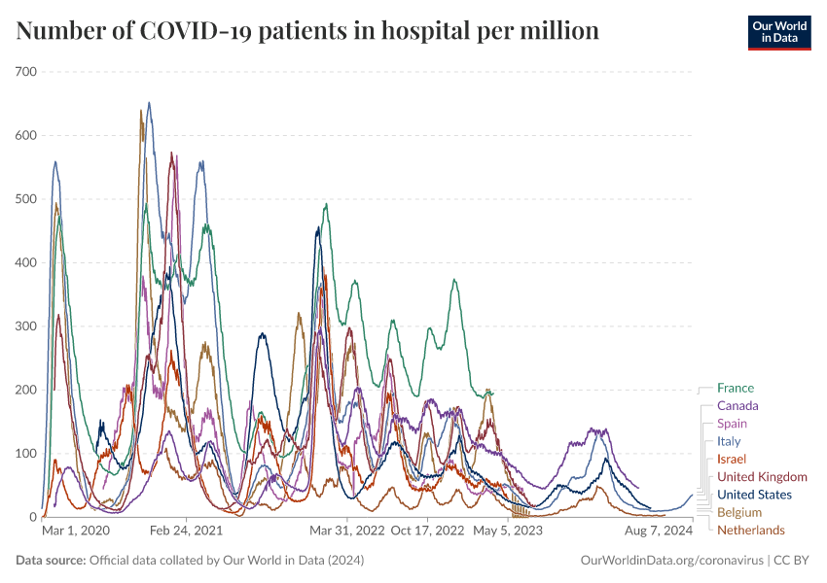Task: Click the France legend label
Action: [x=735, y=389]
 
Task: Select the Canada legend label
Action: [x=737, y=406]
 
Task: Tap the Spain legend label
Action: [x=732, y=424]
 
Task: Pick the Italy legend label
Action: [x=729, y=441]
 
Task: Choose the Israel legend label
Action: [x=732, y=459]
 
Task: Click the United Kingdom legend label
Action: [x=762, y=477]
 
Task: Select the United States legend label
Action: [x=754, y=495]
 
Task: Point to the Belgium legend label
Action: [x=739, y=512]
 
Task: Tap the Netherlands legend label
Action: [x=750, y=531]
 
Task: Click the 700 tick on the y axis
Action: [x=25, y=72]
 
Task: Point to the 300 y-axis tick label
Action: [x=25, y=326]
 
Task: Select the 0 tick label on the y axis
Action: [x=31, y=517]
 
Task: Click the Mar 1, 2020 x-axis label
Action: [x=77, y=532]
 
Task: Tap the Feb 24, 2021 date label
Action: [x=185, y=532]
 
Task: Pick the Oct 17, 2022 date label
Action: [x=427, y=532]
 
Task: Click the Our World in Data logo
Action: [x=778, y=32]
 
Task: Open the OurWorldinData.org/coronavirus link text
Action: [x=670, y=561]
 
